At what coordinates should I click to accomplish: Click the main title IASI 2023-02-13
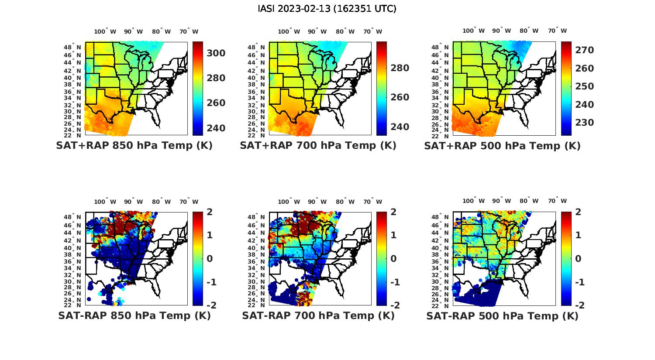click(x=327, y=9)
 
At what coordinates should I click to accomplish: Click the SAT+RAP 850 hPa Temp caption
click(x=134, y=145)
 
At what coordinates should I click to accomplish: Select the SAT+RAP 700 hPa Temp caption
click(x=318, y=145)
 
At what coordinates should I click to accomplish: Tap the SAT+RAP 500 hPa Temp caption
click(x=502, y=145)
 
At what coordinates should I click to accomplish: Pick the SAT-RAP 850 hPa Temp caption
click(x=134, y=315)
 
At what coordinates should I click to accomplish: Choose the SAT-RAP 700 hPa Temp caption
click(x=318, y=315)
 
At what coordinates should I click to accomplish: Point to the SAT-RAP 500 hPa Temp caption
click(x=502, y=315)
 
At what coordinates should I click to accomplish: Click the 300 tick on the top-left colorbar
click(x=216, y=53)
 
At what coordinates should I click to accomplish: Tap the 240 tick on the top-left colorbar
click(x=216, y=128)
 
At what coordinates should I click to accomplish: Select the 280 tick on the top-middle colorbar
click(x=400, y=68)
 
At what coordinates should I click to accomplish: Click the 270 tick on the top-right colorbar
click(x=584, y=50)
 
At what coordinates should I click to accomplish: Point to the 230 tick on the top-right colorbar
click(x=584, y=123)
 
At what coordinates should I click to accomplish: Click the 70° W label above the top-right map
click(x=558, y=31)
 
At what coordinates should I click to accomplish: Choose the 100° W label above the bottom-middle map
click(x=289, y=202)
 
